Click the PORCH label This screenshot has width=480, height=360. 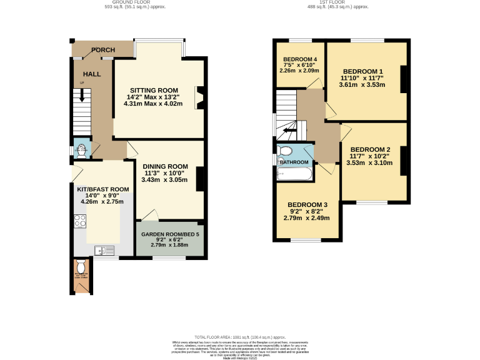(x=102, y=50)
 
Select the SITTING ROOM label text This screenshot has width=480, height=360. (x=154, y=89)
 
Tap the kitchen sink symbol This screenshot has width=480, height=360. (x=104, y=251)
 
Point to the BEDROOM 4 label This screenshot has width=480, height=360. (x=299, y=59)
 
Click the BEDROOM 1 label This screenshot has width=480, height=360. (x=362, y=71)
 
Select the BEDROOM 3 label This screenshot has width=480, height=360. (x=307, y=205)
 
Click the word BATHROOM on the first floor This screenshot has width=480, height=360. (x=294, y=162)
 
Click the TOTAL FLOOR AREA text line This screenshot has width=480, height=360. (x=240, y=336)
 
